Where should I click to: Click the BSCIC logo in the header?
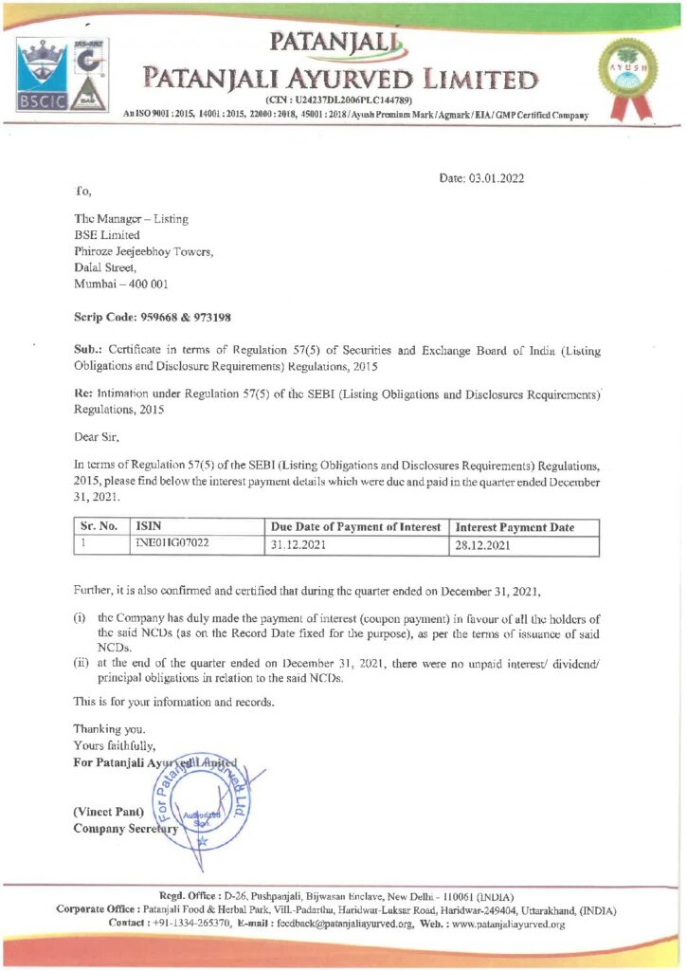coord(43,75)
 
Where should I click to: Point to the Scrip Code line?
coord(153,317)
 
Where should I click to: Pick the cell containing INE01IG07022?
coord(172,545)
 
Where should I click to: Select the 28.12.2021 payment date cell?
coord(484,545)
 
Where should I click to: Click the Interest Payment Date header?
coord(515,527)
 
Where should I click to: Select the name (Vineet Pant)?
coord(109,812)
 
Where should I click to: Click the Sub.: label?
coord(89,351)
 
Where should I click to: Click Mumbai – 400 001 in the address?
coord(121,284)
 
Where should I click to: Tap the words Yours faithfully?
coord(108,745)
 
